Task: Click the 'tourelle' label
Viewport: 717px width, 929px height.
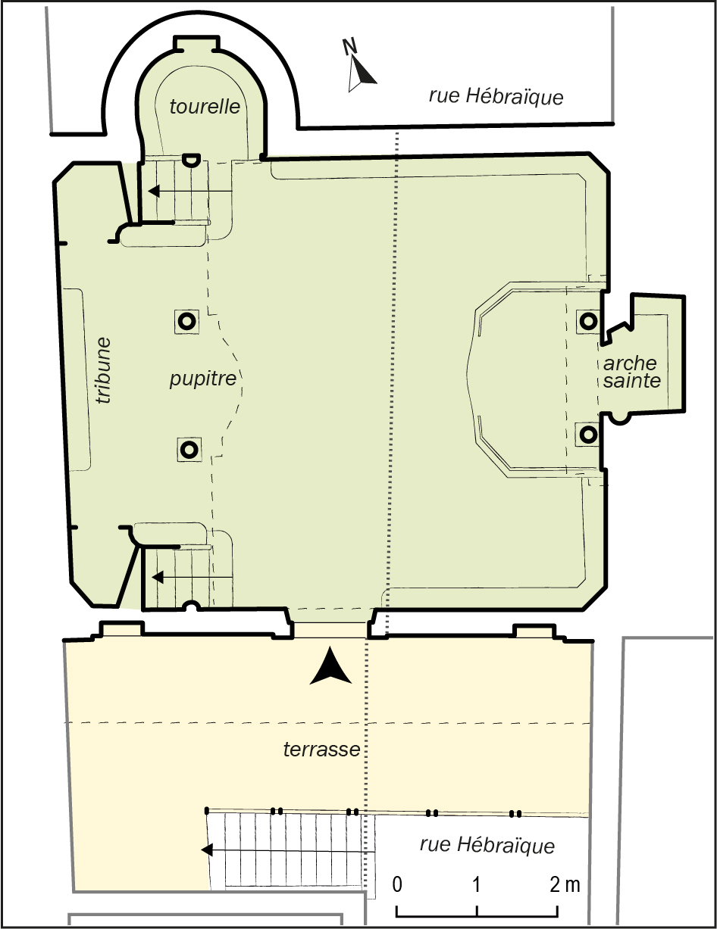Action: click(205, 107)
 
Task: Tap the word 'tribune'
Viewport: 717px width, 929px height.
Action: click(104, 371)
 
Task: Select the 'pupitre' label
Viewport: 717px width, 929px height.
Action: click(203, 379)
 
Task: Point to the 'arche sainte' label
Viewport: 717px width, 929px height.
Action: click(631, 372)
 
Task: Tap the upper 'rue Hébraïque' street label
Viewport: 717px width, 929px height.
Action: click(496, 97)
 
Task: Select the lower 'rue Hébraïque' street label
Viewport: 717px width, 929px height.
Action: click(487, 845)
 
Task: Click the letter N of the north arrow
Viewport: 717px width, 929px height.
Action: click(349, 47)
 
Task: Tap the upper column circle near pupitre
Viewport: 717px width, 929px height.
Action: click(186, 320)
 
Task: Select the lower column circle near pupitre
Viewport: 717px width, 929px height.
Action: click(189, 449)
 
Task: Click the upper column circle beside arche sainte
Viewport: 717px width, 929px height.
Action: click(588, 320)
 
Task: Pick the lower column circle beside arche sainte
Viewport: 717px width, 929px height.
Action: click(588, 435)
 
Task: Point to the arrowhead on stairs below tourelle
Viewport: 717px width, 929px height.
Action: click(154, 191)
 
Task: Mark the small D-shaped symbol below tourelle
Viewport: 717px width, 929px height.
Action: click(191, 161)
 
